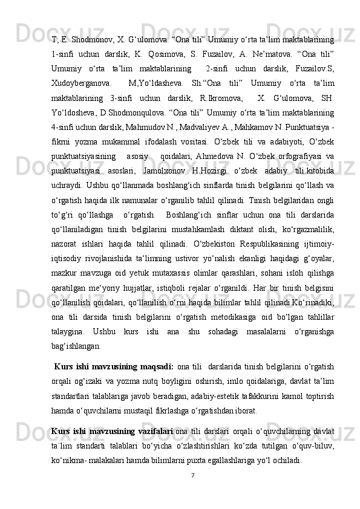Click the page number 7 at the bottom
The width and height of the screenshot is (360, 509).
pyautogui.click(x=191, y=475)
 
